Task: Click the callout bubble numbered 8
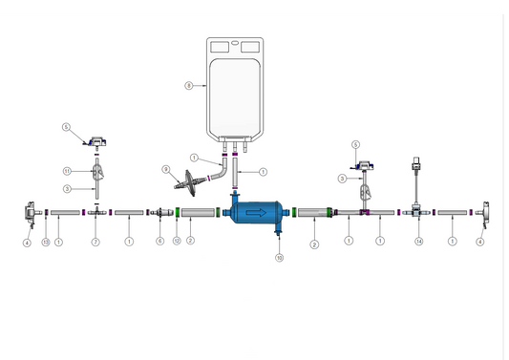[x=189, y=86]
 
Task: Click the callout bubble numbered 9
[x=165, y=170]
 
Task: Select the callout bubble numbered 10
[x=279, y=258]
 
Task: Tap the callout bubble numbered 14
[x=418, y=243]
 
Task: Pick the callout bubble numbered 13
[x=45, y=243]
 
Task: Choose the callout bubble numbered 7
[x=95, y=243]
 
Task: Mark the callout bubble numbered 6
[x=160, y=243]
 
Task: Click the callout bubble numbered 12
[x=177, y=243]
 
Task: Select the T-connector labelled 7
[x=95, y=213]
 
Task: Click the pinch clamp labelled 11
[x=98, y=173]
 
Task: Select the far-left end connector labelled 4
[x=29, y=213]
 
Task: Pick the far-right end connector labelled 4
[x=483, y=213]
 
